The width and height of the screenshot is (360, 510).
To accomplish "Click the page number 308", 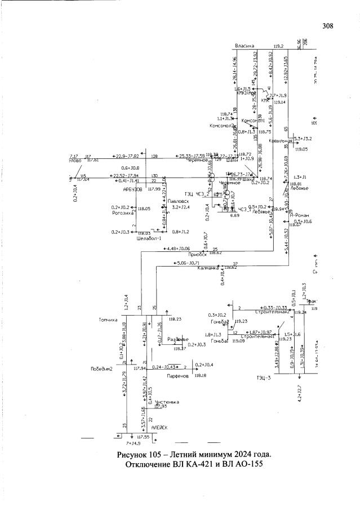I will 328,26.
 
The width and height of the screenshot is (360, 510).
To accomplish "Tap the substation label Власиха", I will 246,46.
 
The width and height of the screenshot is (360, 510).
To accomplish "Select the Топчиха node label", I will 106,320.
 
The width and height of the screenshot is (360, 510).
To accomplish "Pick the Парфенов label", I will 176,375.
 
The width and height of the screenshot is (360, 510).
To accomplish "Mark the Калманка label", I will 210,268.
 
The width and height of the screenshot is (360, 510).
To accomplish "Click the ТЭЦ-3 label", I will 264,377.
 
